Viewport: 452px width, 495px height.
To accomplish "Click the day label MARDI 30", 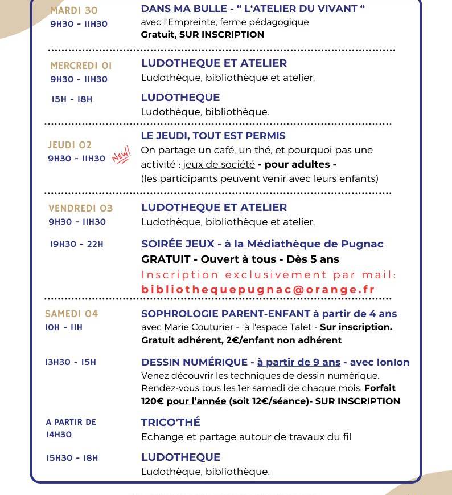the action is pyautogui.click(x=74, y=10).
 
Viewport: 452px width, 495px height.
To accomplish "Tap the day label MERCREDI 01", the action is pyautogui.click(x=81, y=66).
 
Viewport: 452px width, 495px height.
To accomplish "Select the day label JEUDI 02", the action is pyautogui.click(x=69, y=145).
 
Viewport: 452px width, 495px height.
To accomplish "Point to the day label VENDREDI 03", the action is pyautogui.click(x=80, y=208).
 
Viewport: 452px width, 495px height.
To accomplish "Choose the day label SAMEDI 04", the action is pyautogui.click(x=71, y=314).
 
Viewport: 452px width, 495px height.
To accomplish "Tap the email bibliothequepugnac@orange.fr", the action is pyautogui.click(x=258, y=289).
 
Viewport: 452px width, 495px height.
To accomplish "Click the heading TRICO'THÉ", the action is pyautogui.click(x=171, y=423).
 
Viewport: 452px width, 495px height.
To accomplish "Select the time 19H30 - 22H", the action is pyautogui.click(x=77, y=244).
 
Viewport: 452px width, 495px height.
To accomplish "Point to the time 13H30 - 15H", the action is pyautogui.click(x=71, y=362).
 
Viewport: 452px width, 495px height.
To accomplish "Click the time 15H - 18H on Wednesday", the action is pyautogui.click(x=72, y=99).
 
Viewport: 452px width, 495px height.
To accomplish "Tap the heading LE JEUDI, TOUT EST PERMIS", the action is pyautogui.click(x=213, y=136).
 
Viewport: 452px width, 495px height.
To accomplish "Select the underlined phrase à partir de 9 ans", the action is pyautogui.click(x=298, y=362).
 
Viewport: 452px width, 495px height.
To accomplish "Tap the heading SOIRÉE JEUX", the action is pyautogui.click(x=178, y=244).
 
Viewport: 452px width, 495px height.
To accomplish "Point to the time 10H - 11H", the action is pyautogui.click(x=64, y=327).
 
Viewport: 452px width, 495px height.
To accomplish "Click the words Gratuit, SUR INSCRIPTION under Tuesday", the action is pyautogui.click(x=202, y=34).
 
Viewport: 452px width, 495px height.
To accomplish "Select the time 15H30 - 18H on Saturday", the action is pyautogui.click(x=72, y=457).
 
